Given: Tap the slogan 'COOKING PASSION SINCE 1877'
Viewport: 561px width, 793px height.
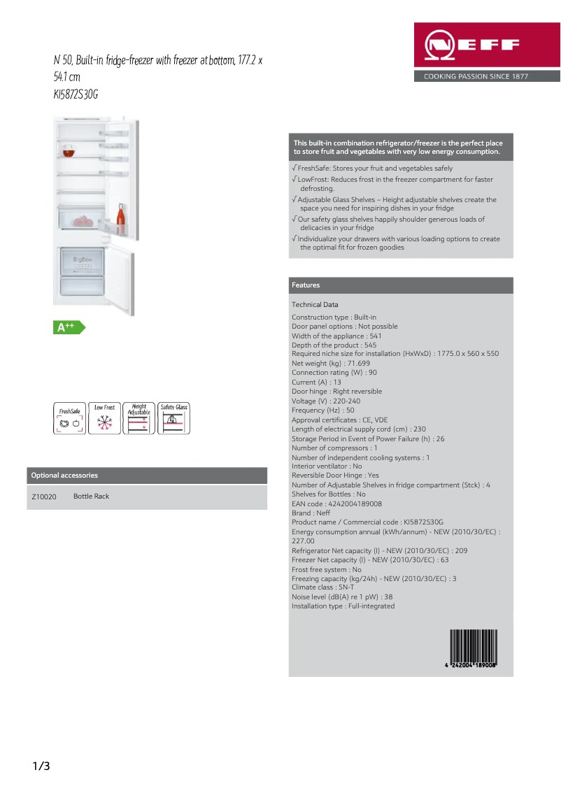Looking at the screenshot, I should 476,76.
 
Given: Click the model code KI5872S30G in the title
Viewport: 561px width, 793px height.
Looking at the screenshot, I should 76,94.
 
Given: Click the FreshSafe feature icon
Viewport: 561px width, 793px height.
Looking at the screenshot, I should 69,418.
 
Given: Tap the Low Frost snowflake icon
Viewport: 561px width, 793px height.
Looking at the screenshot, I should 104,418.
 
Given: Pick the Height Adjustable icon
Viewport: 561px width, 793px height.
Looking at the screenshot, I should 139,418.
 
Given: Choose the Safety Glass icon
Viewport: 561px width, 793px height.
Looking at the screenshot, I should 173,418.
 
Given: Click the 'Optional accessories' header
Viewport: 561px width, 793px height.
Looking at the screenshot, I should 64,476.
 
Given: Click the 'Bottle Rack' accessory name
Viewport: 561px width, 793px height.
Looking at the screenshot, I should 92,496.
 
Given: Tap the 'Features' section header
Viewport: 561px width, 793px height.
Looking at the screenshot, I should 306,285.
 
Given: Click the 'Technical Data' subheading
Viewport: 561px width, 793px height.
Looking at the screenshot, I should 315,305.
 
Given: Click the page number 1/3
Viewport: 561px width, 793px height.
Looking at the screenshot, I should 41,766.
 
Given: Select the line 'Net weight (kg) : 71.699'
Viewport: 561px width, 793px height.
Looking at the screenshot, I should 331,364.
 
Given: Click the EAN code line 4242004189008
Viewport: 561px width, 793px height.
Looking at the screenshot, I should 336,504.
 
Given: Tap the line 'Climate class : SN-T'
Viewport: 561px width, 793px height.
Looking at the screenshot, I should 322,588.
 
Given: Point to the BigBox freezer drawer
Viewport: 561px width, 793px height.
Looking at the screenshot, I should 83,262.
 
